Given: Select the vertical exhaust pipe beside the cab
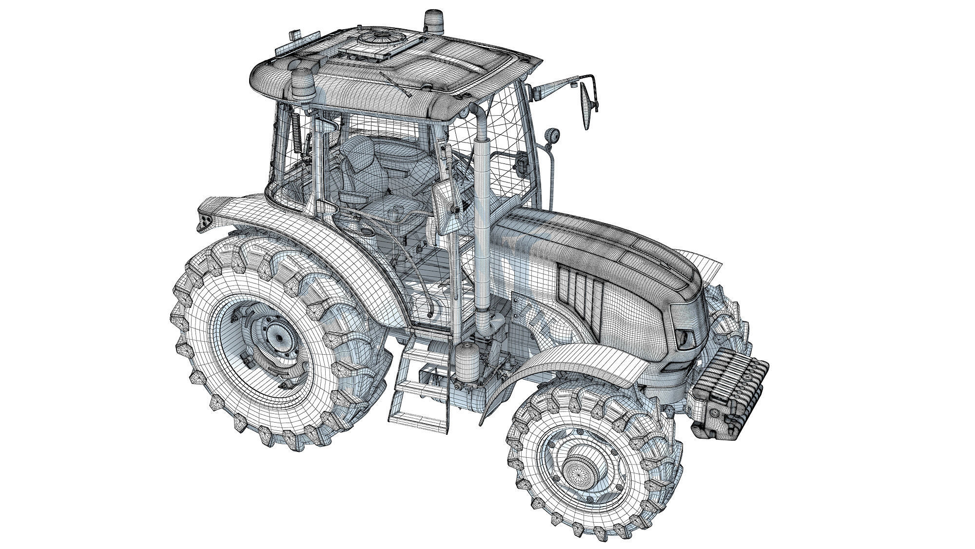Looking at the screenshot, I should [484, 220].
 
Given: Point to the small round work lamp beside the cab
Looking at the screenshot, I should [552, 135].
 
